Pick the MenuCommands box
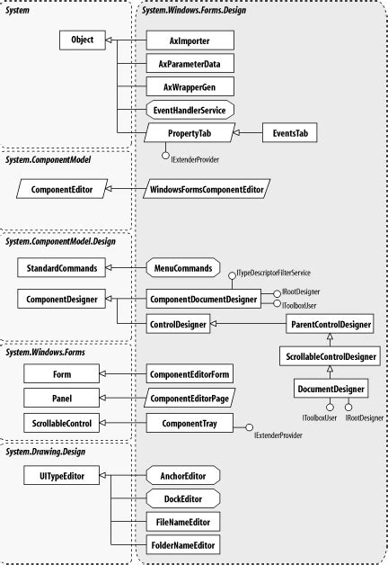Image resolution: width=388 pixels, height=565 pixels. tap(182, 267)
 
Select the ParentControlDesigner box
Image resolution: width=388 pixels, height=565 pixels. tap(330, 322)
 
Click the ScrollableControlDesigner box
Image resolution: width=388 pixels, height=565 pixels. tap(330, 355)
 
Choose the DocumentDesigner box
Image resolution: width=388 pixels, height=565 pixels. tap(330, 389)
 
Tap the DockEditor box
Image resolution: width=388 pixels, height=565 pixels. tap(182, 498)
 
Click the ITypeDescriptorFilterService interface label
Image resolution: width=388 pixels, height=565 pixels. tap(272, 273)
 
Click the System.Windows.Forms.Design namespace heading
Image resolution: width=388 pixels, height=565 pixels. tap(194, 10)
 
